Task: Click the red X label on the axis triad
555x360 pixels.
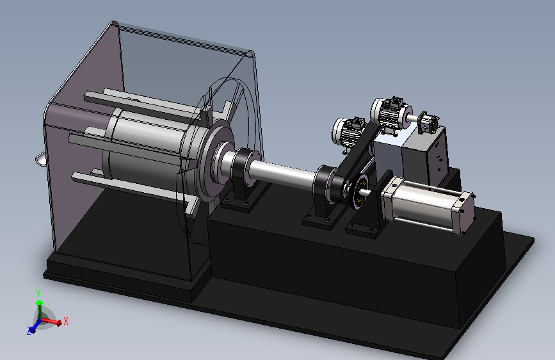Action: click(x=65, y=322)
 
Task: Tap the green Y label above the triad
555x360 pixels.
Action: click(x=38, y=293)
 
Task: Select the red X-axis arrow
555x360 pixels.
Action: click(x=52, y=321)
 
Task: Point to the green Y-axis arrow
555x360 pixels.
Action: click(x=39, y=310)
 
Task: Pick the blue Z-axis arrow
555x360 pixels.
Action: click(x=35, y=327)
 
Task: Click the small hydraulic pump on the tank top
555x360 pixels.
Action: click(x=428, y=122)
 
